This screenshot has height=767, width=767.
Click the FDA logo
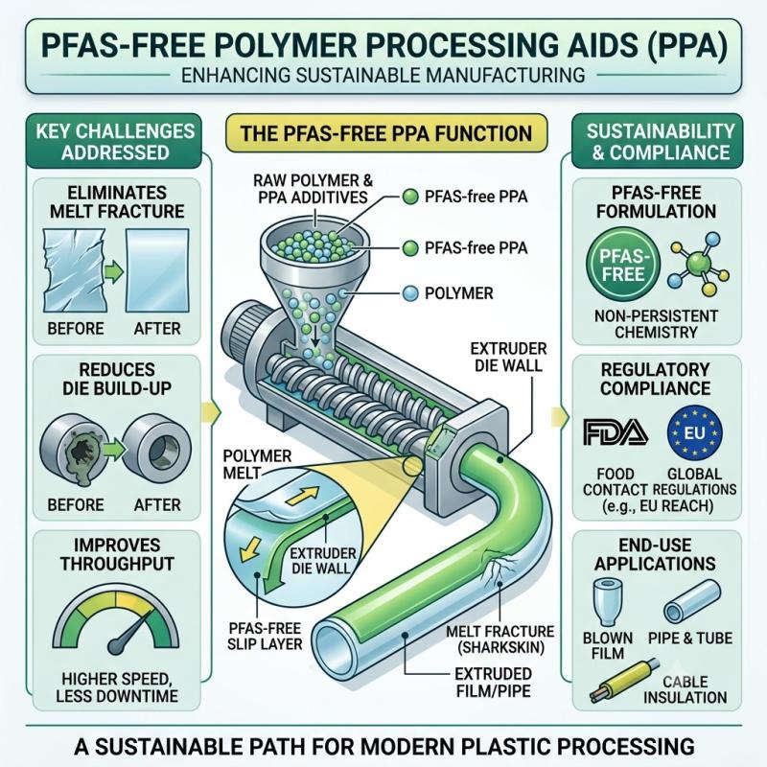click(x=616, y=432)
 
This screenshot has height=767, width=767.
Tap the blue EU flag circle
click(x=694, y=433)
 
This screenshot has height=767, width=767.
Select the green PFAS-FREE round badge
click(x=622, y=265)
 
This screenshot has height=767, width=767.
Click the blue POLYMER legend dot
click(x=410, y=293)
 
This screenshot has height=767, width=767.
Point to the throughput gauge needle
click(x=132, y=631)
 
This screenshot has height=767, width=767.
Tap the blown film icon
click(x=607, y=602)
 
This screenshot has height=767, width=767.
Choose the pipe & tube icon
click(x=691, y=602)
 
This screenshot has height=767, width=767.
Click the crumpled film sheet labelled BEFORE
click(x=75, y=270)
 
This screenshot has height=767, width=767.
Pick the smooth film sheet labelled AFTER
click(x=157, y=270)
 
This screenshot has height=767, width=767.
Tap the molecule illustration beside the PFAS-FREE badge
click(x=698, y=264)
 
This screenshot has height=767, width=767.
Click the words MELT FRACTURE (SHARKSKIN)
click(x=500, y=639)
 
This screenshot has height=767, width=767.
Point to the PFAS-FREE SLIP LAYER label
click(x=265, y=636)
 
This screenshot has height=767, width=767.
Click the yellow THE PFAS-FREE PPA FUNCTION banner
click(x=386, y=133)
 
